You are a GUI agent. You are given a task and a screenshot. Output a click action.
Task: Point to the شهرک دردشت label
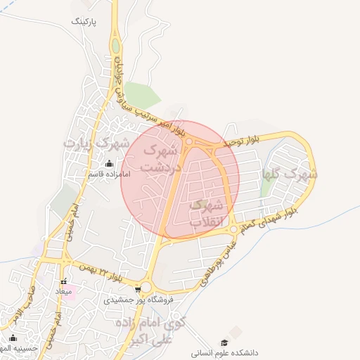[x=161, y=159]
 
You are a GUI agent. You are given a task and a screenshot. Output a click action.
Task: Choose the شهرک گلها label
[x=290, y=173]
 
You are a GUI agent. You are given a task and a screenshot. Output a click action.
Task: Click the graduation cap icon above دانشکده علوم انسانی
[x=225, y=341]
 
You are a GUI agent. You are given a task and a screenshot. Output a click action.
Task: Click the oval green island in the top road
[x=115, y=46]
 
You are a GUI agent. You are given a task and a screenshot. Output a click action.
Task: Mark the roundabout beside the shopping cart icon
[x=146, y=288]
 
